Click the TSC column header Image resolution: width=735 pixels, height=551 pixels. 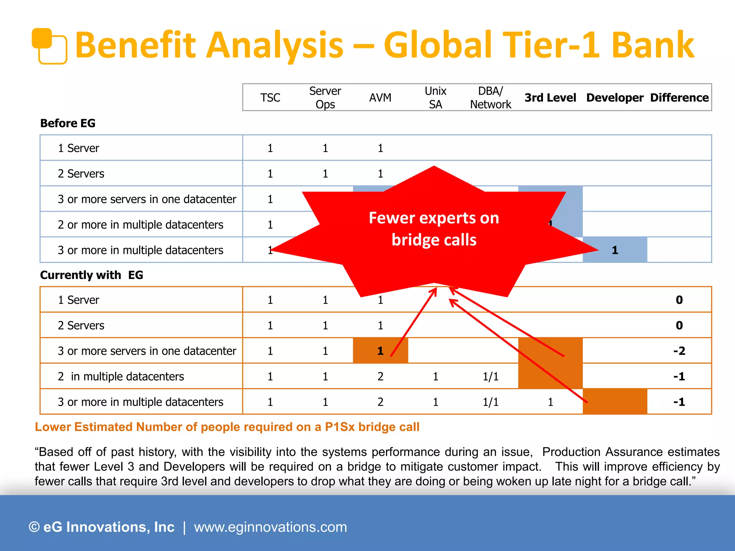[270, 98]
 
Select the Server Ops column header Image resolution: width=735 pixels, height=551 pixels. [325, 98]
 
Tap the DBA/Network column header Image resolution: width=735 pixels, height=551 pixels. [491, 98]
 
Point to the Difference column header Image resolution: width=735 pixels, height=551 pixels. [679, 98]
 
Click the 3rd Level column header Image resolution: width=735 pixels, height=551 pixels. [550, 98]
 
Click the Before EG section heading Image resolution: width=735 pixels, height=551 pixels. [68, 123]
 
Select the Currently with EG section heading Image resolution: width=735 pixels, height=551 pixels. [92, 275]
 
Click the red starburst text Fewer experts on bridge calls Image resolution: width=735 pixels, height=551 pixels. [434, 229]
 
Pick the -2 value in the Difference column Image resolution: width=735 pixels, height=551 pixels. [679, 351]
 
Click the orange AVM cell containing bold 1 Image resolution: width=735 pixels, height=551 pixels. [380, 351]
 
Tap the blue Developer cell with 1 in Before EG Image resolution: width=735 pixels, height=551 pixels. [615, 250]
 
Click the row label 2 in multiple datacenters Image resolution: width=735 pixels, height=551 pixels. [121, 376]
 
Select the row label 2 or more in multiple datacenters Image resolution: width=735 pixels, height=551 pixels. [140, 225]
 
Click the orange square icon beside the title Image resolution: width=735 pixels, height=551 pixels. [49, 46]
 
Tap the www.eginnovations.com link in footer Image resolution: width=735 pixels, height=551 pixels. [271, 527]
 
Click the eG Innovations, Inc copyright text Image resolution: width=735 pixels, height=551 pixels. [102, 527]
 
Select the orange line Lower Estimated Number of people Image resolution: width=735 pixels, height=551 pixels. [227, 427]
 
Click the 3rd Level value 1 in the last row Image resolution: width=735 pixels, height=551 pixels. [550, 402]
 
